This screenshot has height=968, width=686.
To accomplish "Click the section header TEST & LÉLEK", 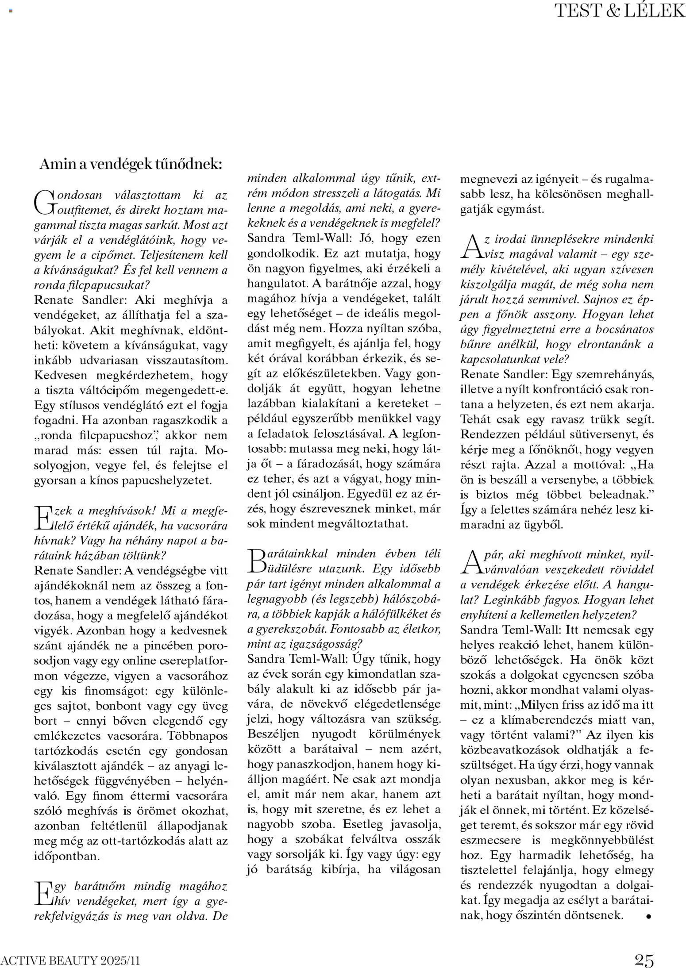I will [619, 11].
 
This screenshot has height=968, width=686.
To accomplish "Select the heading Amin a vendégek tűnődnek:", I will [131, 164].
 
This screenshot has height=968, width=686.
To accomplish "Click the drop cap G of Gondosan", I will [43, 201].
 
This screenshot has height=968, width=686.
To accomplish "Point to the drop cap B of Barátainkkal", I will [256, 560].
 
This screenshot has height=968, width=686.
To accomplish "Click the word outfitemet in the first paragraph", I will [80, 210].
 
